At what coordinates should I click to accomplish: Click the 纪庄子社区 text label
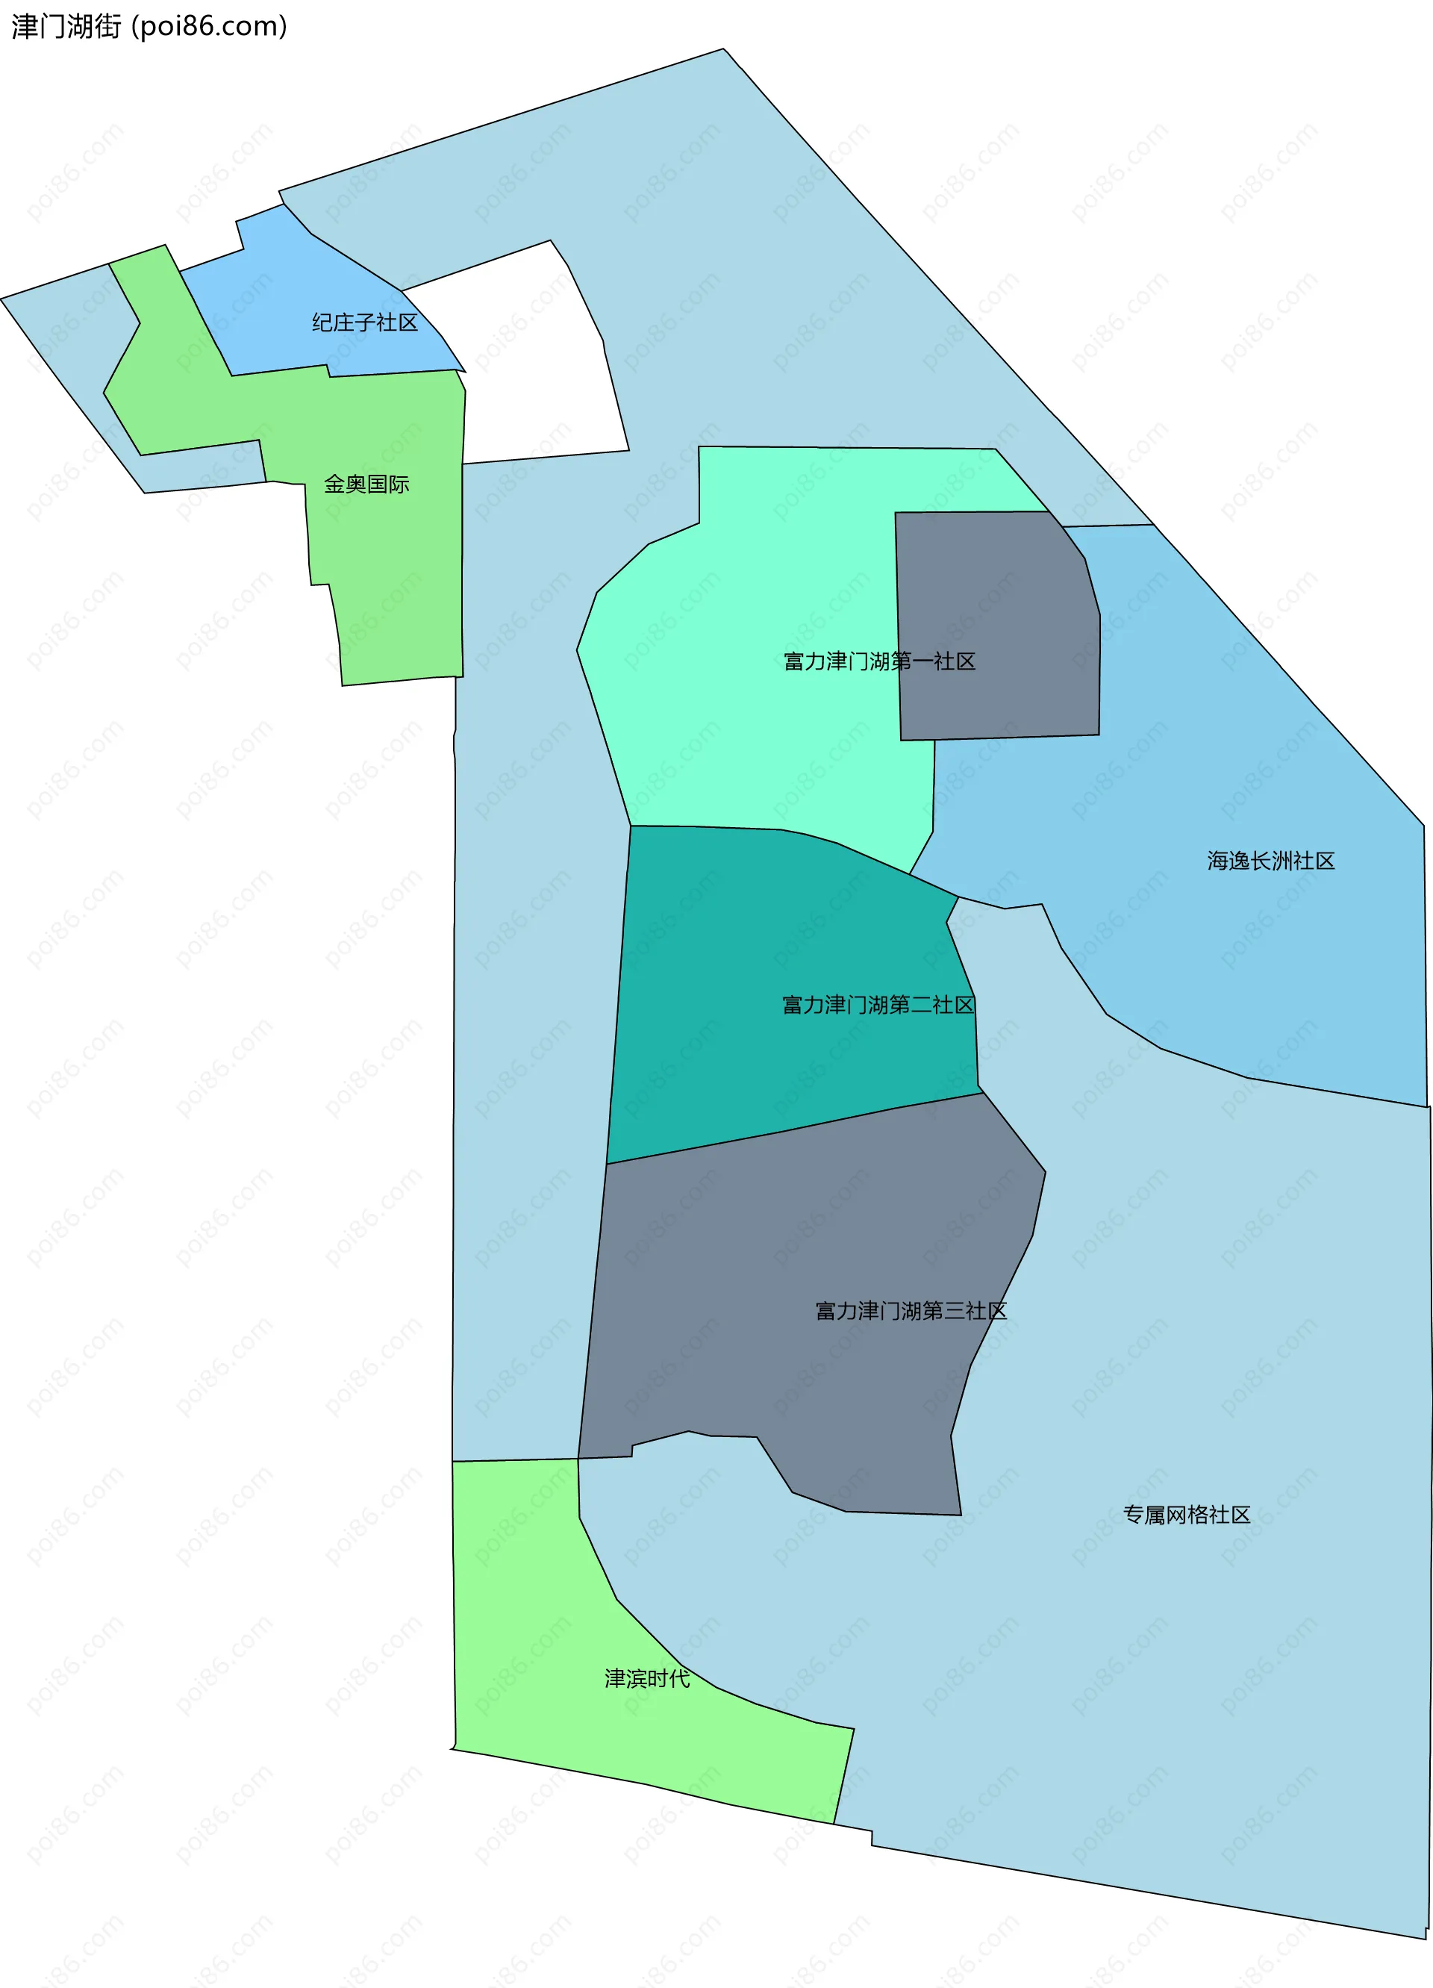(365, 322)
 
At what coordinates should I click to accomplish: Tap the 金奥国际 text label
(366, 484)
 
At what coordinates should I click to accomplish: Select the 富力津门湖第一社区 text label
(879, 661)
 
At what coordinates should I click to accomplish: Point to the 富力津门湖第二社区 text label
(877, 1005)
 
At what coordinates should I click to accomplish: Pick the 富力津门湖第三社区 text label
(911, 1310)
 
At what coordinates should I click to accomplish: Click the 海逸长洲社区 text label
(1270, 861)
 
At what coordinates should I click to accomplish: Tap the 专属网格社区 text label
(1186, 1515)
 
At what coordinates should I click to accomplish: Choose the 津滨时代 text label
(647, 1679)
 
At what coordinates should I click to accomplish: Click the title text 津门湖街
(66, 26)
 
